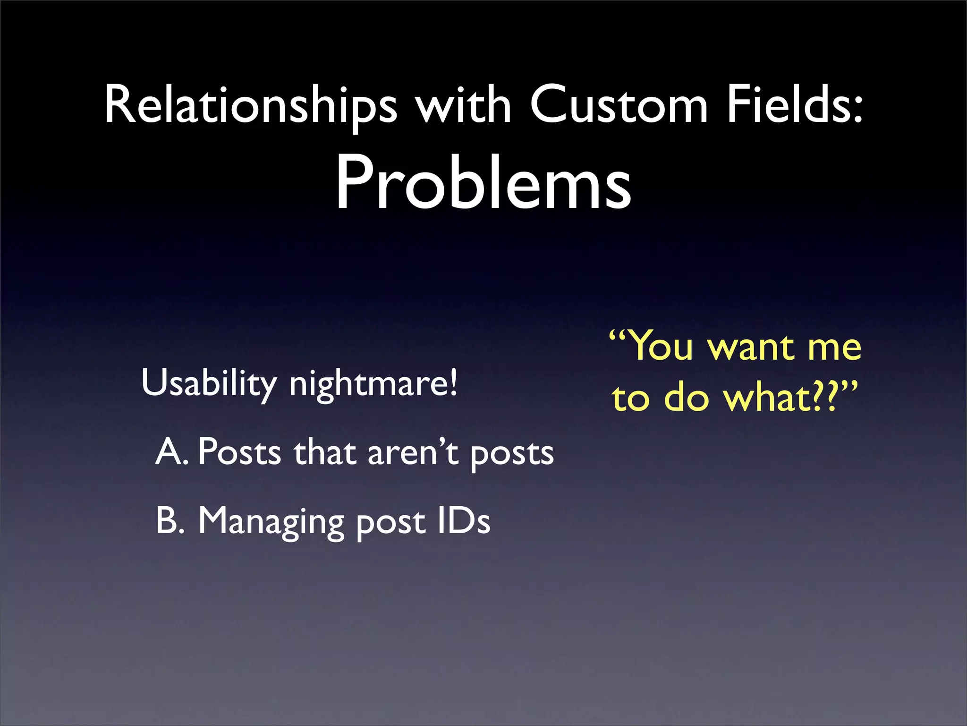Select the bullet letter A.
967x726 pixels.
[170, 452]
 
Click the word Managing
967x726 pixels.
[271, 522]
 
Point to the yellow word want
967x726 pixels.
[751, 348]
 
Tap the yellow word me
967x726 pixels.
[834, 348]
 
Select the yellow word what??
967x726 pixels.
[784, 398]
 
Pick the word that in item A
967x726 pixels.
[324, 452]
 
